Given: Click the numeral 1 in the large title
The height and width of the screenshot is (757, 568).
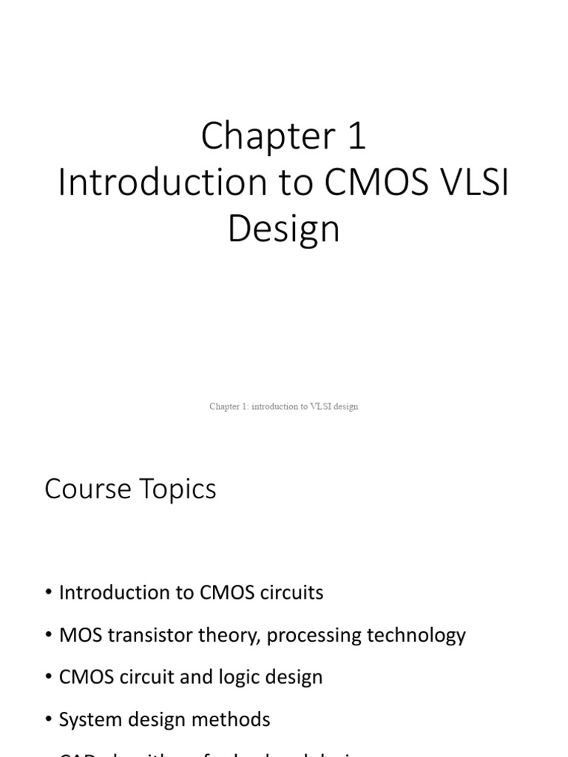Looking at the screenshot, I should pyautogui.click(x=355, y=138).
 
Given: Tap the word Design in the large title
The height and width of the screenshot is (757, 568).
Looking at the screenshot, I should pyautogui.click(x=284, y=229).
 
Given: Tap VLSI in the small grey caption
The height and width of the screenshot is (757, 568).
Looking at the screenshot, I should pyautogui.click(x=314, y=407).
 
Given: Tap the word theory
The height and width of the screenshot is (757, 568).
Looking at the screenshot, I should pyautogui.click(x=229, y=635).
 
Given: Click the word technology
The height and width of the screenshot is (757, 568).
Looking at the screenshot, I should pyautogui.click(x=418, y=635).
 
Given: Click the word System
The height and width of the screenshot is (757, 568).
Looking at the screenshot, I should pyautogui.click(x=87, y=719).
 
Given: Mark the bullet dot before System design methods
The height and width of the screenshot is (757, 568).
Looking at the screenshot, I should pyautogui.click(x=49, y=720).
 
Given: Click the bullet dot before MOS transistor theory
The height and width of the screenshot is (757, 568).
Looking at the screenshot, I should pyautogui.click(x=49, y=636).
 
